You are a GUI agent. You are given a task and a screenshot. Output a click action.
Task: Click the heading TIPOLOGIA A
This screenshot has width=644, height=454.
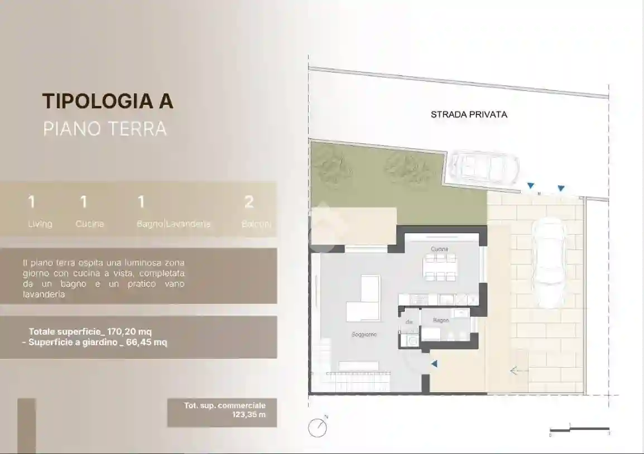tap(108, 101)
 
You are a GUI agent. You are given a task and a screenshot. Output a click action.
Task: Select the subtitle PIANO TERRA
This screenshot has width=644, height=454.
tap(105, 129)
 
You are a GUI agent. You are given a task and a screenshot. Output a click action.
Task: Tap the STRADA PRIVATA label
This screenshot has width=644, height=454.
tap(469, 114)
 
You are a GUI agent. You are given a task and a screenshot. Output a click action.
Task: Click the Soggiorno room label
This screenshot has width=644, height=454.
tap(364, 335)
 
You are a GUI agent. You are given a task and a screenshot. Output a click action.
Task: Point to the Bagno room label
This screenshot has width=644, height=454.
tap(440, 320)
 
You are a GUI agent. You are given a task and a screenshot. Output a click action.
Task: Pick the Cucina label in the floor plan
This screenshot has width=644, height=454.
tap(439, 249)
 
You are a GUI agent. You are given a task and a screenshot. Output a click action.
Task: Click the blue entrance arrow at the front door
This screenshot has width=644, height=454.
tap(434, 364)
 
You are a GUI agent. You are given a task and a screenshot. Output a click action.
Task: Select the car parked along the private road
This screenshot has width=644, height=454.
tap(483, 167)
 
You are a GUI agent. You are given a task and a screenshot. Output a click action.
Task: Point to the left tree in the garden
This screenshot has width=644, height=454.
tap(328, 161)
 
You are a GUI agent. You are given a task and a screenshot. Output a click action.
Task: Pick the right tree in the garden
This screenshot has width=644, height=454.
tap(403, 166)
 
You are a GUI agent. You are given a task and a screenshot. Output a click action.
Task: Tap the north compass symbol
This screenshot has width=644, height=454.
tap(318, 428)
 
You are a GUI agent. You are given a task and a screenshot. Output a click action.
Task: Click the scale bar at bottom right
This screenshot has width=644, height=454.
tap(579, 429)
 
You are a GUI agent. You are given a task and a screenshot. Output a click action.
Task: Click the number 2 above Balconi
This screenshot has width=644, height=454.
tap(249, 202)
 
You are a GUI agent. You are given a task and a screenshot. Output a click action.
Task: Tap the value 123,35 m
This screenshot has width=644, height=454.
tap(249, 414)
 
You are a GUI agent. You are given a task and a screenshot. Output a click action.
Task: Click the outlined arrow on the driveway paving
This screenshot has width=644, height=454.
tap(519, 370)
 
